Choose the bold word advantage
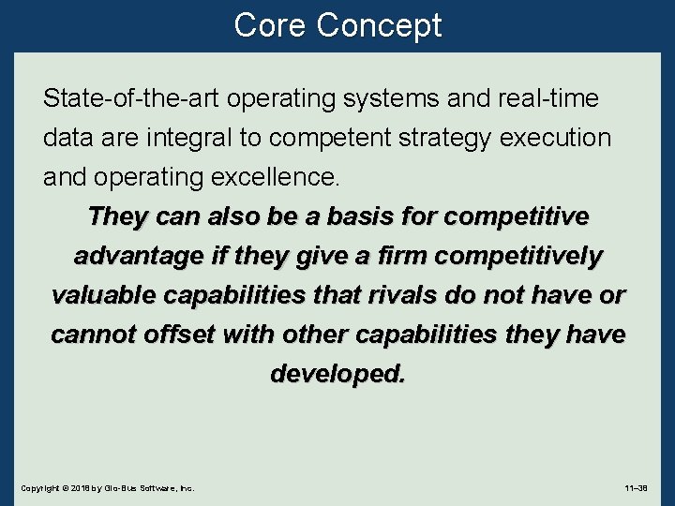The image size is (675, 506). tap(138, 256)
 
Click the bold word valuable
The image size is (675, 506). tap(103, 295)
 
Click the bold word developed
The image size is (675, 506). tap(337, 374)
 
